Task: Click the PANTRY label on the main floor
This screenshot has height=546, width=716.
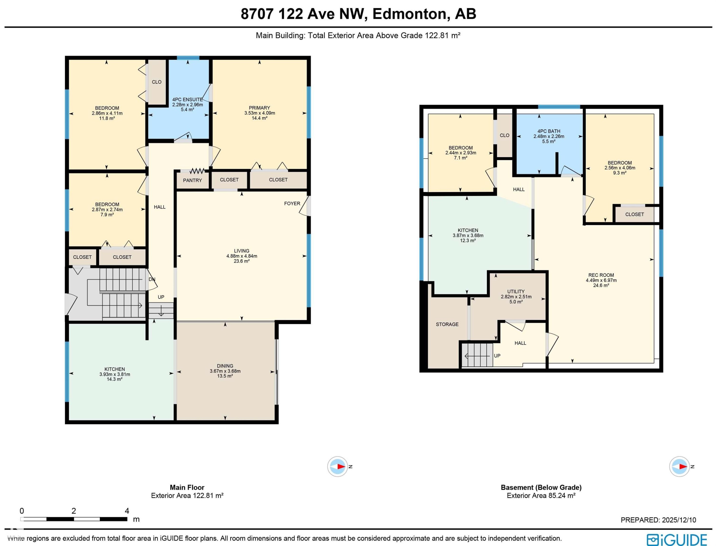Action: [x=192, y=180]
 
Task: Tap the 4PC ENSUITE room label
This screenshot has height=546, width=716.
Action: [x=187, y=100]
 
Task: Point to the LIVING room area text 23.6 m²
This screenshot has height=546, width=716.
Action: [x=242, y=261]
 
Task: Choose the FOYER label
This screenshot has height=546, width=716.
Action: [x=292, y=203]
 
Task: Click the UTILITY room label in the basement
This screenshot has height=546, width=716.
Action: [x=516, y=292]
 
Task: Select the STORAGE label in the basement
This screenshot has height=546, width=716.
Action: [x=447, y=324]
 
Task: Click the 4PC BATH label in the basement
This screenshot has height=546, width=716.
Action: [x=549, y=131]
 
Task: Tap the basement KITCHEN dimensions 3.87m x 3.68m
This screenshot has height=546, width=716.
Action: [x=468, y=235]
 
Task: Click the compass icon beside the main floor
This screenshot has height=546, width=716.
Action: [x=337, y=466]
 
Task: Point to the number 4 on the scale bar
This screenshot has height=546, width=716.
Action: [x=127, y=511]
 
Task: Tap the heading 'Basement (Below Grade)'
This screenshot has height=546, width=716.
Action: [x=541, y=487]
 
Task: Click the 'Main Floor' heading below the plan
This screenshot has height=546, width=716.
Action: [x=187, y=487]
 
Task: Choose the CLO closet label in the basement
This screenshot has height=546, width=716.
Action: [x=505, y=135]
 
